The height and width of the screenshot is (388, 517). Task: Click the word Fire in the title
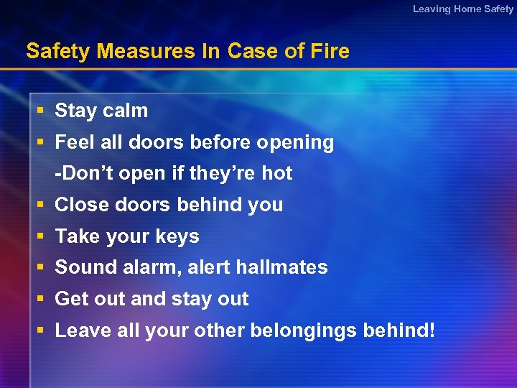click(x=330, y=52)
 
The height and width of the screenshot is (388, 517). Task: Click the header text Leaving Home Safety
click(x=463, y=9)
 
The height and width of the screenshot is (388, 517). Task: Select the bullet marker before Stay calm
click(x=42, y=111)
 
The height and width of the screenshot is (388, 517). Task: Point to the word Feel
click(x=75, y=142)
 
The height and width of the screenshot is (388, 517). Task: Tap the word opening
click(x=297, y=143)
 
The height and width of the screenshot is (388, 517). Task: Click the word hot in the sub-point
click(x=278, y=173)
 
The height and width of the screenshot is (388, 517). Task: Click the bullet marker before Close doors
click(x=42, y=205)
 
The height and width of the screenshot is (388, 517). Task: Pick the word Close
click(x=80, y=205)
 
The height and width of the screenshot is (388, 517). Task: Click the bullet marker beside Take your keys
click(x=42, y=236)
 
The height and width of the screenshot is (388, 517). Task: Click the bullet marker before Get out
click(x=42, y=299)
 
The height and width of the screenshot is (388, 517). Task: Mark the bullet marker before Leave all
click(x=42, y=331)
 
